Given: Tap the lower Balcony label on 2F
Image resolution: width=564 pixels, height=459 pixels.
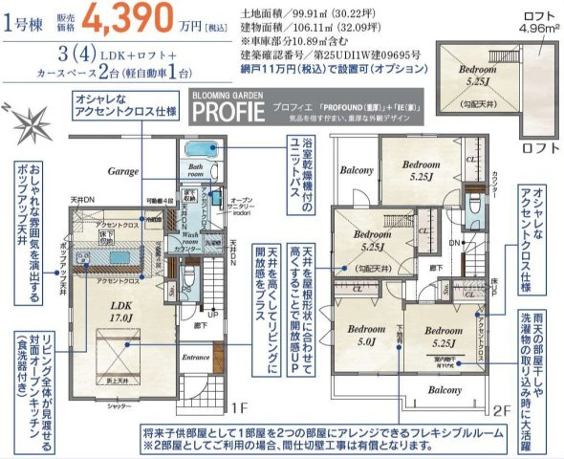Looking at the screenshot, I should (x=444, y=391).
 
